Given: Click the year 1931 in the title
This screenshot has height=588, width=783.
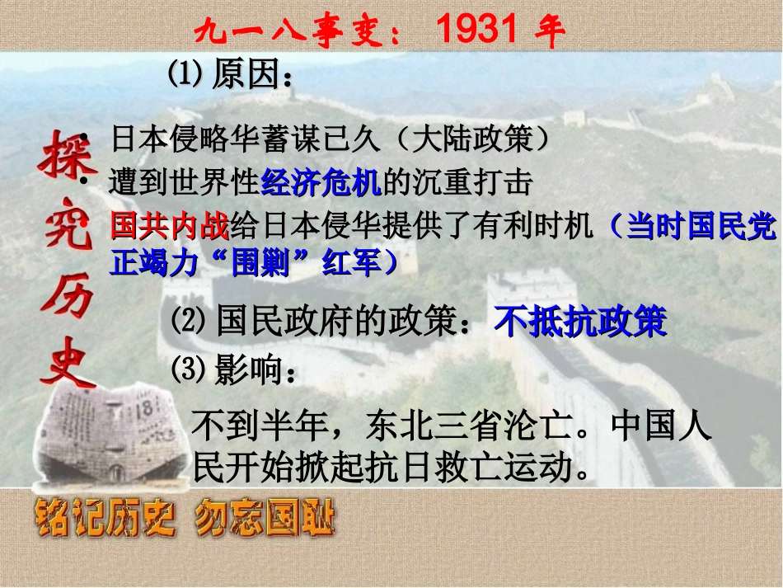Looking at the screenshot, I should click(x=477, y=30).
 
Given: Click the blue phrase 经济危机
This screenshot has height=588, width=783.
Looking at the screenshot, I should click(x=321, y=183).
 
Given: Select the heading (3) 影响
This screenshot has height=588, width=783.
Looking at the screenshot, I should click(x=232, y=371).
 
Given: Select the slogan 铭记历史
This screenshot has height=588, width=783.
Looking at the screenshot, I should click(x=102, y=520).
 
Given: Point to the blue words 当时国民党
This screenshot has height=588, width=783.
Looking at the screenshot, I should click(x=701, y=225).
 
